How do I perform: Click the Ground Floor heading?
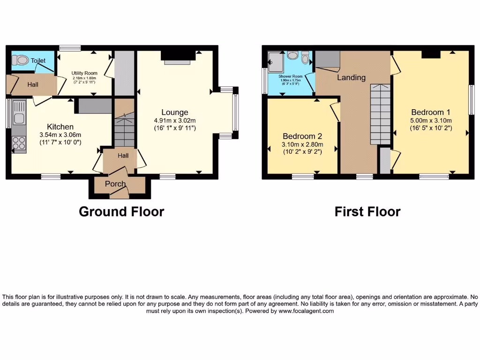121,211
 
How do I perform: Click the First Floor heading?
367,211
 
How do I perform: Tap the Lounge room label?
175,112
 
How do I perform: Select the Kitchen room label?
60,127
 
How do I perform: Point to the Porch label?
115,184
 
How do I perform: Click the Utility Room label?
84,74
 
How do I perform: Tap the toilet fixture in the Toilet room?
20,60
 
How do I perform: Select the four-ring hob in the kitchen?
19,142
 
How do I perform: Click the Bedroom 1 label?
430,112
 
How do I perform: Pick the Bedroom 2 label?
302,136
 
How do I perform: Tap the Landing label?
351,77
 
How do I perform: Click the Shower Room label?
291,76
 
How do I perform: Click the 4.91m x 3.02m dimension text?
175,120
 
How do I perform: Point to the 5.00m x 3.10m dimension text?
430,120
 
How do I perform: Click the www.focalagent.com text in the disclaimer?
306,311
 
